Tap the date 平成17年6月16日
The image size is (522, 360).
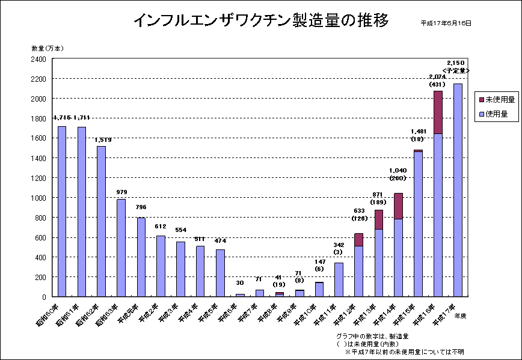click(x=446, y=23)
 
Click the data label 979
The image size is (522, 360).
click(x=121, y=192)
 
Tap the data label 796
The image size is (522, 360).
click(x=141, y=207)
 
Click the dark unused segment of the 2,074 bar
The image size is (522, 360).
click(x=438, y=112)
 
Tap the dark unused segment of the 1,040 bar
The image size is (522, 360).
click(x=398, y=206)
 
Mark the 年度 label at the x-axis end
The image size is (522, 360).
click(x=461, y=315)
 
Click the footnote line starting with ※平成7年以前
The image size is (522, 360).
click(x=404, y=352)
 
